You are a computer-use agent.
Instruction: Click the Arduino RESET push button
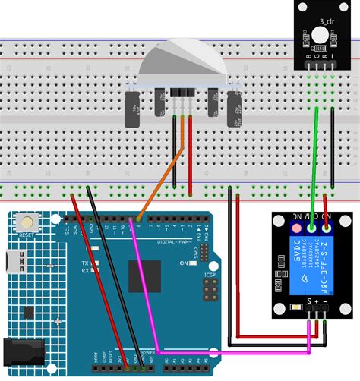28,222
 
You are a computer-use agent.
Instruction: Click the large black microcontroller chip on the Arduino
144,278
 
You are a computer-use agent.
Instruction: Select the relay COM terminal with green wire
311,225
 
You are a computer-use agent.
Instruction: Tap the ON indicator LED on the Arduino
193,263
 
